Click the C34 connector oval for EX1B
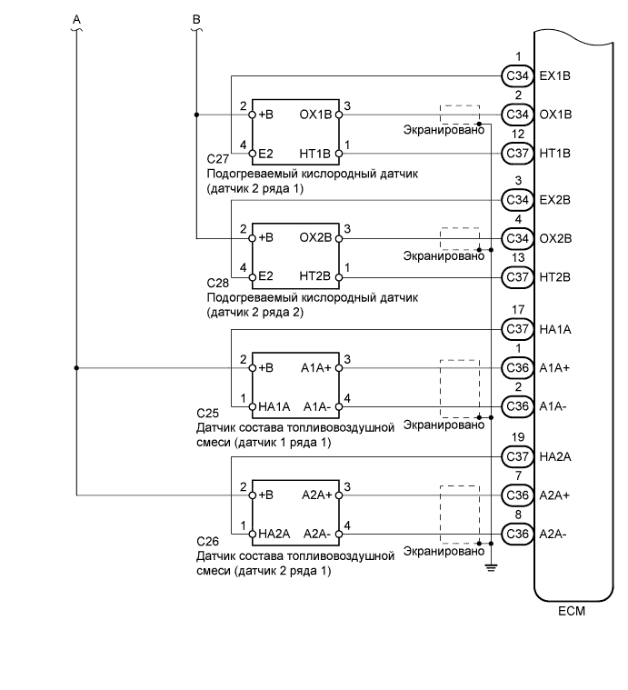tap(517, 75)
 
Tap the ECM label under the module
tap(572, 611)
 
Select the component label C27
tap(218, 158)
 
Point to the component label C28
tap(218, 284)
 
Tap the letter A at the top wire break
tap(75, 18)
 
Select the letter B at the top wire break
tap(196, 18)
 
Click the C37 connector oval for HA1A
tap(517, 329)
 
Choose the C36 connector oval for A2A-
tap(517, 534)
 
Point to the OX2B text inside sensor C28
tap(316, 239)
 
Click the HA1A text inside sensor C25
tap(274, 406)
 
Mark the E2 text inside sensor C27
tap(266, 153)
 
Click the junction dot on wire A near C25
tap(75, 368)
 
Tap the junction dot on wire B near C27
tap(196, 115)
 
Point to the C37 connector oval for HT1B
tap(517, 153)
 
